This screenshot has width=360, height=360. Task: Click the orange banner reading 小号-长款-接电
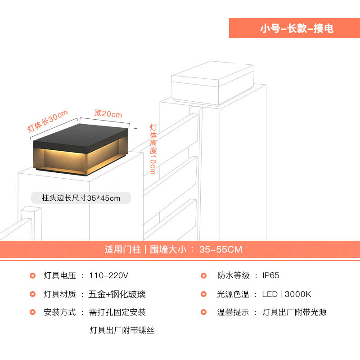(x=295, y=28)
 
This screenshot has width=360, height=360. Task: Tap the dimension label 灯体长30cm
(x=48, y=121)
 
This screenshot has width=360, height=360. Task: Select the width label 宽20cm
(x=108, y=113)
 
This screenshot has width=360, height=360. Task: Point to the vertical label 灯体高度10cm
(x=153, y=149)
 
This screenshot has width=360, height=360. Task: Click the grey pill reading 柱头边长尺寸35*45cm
(x=81, y=198)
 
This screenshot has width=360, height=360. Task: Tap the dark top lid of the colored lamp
(x=81, y=137)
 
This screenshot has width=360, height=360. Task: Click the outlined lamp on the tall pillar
(x=213, y=83)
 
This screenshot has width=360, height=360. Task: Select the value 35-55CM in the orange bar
(x=220, y=250)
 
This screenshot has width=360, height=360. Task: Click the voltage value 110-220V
(x=108, y=275)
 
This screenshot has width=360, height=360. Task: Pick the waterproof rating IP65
(x=271, y=275)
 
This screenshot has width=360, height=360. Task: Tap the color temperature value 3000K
(x=298, y=294)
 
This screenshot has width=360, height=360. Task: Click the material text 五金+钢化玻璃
(x=117, y=294)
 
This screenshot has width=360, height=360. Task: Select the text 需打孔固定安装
(x=117, y=312)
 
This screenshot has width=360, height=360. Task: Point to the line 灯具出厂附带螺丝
(x=121, y=330)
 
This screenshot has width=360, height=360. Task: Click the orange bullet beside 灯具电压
(x=32, y=275)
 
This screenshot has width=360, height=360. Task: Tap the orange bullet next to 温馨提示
(x=204, y=312)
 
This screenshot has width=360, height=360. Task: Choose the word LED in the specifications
(x=270, y=294)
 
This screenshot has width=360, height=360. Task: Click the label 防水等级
(x=233, y=275)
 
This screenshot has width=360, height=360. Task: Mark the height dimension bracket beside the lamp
(x=136, y=142)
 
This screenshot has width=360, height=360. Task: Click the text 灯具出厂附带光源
(x=294, y=312)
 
